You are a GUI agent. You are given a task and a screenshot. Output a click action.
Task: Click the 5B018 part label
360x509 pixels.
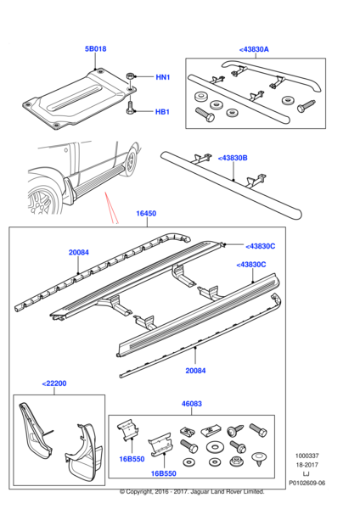point(96,49)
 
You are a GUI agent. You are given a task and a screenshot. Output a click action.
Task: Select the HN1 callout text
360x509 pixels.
point(163,77)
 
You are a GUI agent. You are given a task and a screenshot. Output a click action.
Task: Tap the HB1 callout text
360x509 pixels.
point(162,112)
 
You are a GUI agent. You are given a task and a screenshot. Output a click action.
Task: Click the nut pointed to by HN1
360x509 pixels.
point(130,77)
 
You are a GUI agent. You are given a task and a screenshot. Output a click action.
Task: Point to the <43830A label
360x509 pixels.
point(254,50)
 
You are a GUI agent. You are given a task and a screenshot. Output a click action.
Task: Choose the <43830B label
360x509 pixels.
point(233,158)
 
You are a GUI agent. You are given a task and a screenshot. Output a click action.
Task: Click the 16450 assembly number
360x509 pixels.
point(146,214)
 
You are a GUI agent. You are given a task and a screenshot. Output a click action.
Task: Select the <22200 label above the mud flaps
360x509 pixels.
point(54,383)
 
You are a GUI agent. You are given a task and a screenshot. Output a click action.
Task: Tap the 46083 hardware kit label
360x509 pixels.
point(192,404)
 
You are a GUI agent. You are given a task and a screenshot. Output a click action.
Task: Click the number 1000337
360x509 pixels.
point(307,456)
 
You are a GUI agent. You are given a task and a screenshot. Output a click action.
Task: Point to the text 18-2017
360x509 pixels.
point(307,465)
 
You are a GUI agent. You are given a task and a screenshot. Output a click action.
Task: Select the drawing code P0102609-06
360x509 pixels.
point(307,483)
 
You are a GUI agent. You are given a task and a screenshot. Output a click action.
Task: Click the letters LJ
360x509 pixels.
point(306,474)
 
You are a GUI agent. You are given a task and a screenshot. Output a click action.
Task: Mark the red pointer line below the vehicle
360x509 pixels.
point(111,208)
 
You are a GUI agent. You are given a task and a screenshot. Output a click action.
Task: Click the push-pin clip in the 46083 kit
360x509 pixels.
point(259,459)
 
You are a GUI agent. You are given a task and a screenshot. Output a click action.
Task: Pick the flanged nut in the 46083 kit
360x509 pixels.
point(235,461)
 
